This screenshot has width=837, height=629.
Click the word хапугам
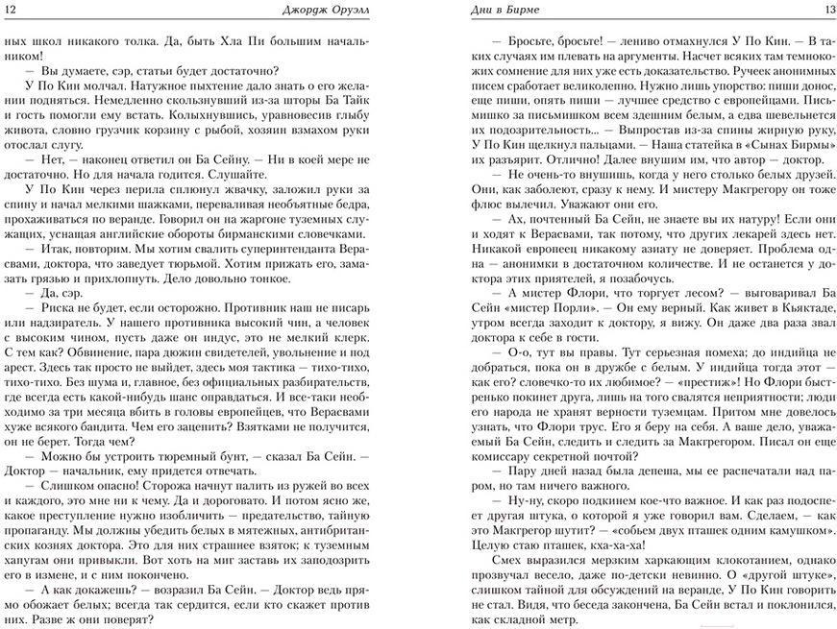[27, 563]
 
